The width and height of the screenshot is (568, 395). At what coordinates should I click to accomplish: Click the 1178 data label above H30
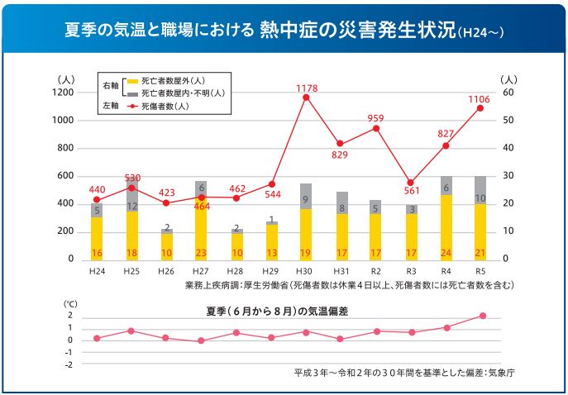point(307,88)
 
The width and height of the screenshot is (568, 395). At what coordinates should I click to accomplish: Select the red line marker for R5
point(480,108)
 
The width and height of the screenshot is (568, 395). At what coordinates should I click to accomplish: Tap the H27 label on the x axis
point(201,270)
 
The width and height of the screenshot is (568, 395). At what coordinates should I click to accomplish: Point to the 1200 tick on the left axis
point(64,93)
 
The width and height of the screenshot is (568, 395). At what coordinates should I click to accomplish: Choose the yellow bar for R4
point(446,226)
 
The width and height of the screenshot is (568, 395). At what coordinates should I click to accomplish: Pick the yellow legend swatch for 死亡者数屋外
point(132,81)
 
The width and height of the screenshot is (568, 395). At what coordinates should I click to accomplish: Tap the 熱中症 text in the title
point(290,31)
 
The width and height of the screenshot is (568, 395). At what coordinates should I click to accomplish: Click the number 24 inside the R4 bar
point(446,253)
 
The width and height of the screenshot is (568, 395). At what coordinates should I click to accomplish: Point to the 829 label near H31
point(340,155)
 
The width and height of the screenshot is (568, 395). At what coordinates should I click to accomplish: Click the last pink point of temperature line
point(482,316)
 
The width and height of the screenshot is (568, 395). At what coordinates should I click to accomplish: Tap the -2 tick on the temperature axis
point(70,364)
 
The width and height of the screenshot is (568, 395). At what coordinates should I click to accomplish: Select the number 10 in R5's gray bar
point(480,199)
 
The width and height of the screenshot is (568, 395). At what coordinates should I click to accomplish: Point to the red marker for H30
point(306,98)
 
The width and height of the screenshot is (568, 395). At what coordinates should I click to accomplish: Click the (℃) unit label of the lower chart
point(70,303)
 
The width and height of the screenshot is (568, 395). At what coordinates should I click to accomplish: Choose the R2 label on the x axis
point(375,270)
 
